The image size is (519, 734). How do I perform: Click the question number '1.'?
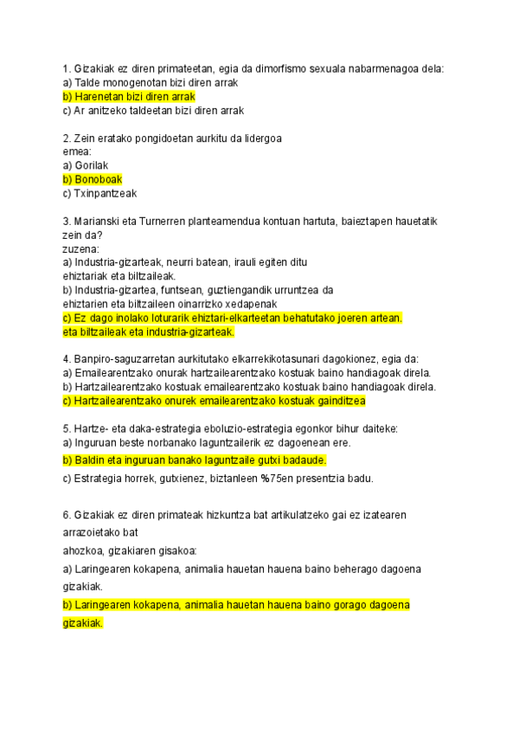(x=67, y=68)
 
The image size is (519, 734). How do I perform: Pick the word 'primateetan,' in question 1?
(x=175, y=68)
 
